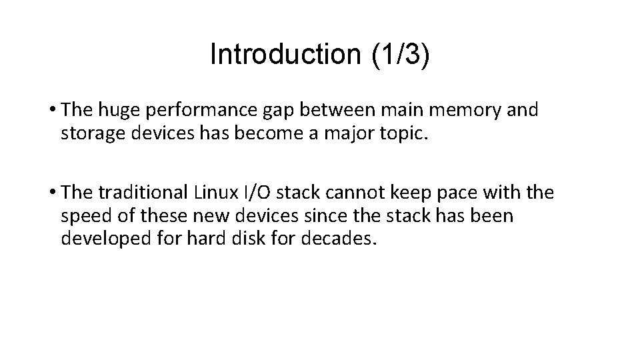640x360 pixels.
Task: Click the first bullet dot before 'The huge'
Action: (53, 110)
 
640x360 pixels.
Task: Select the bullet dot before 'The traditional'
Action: (53, 193)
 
